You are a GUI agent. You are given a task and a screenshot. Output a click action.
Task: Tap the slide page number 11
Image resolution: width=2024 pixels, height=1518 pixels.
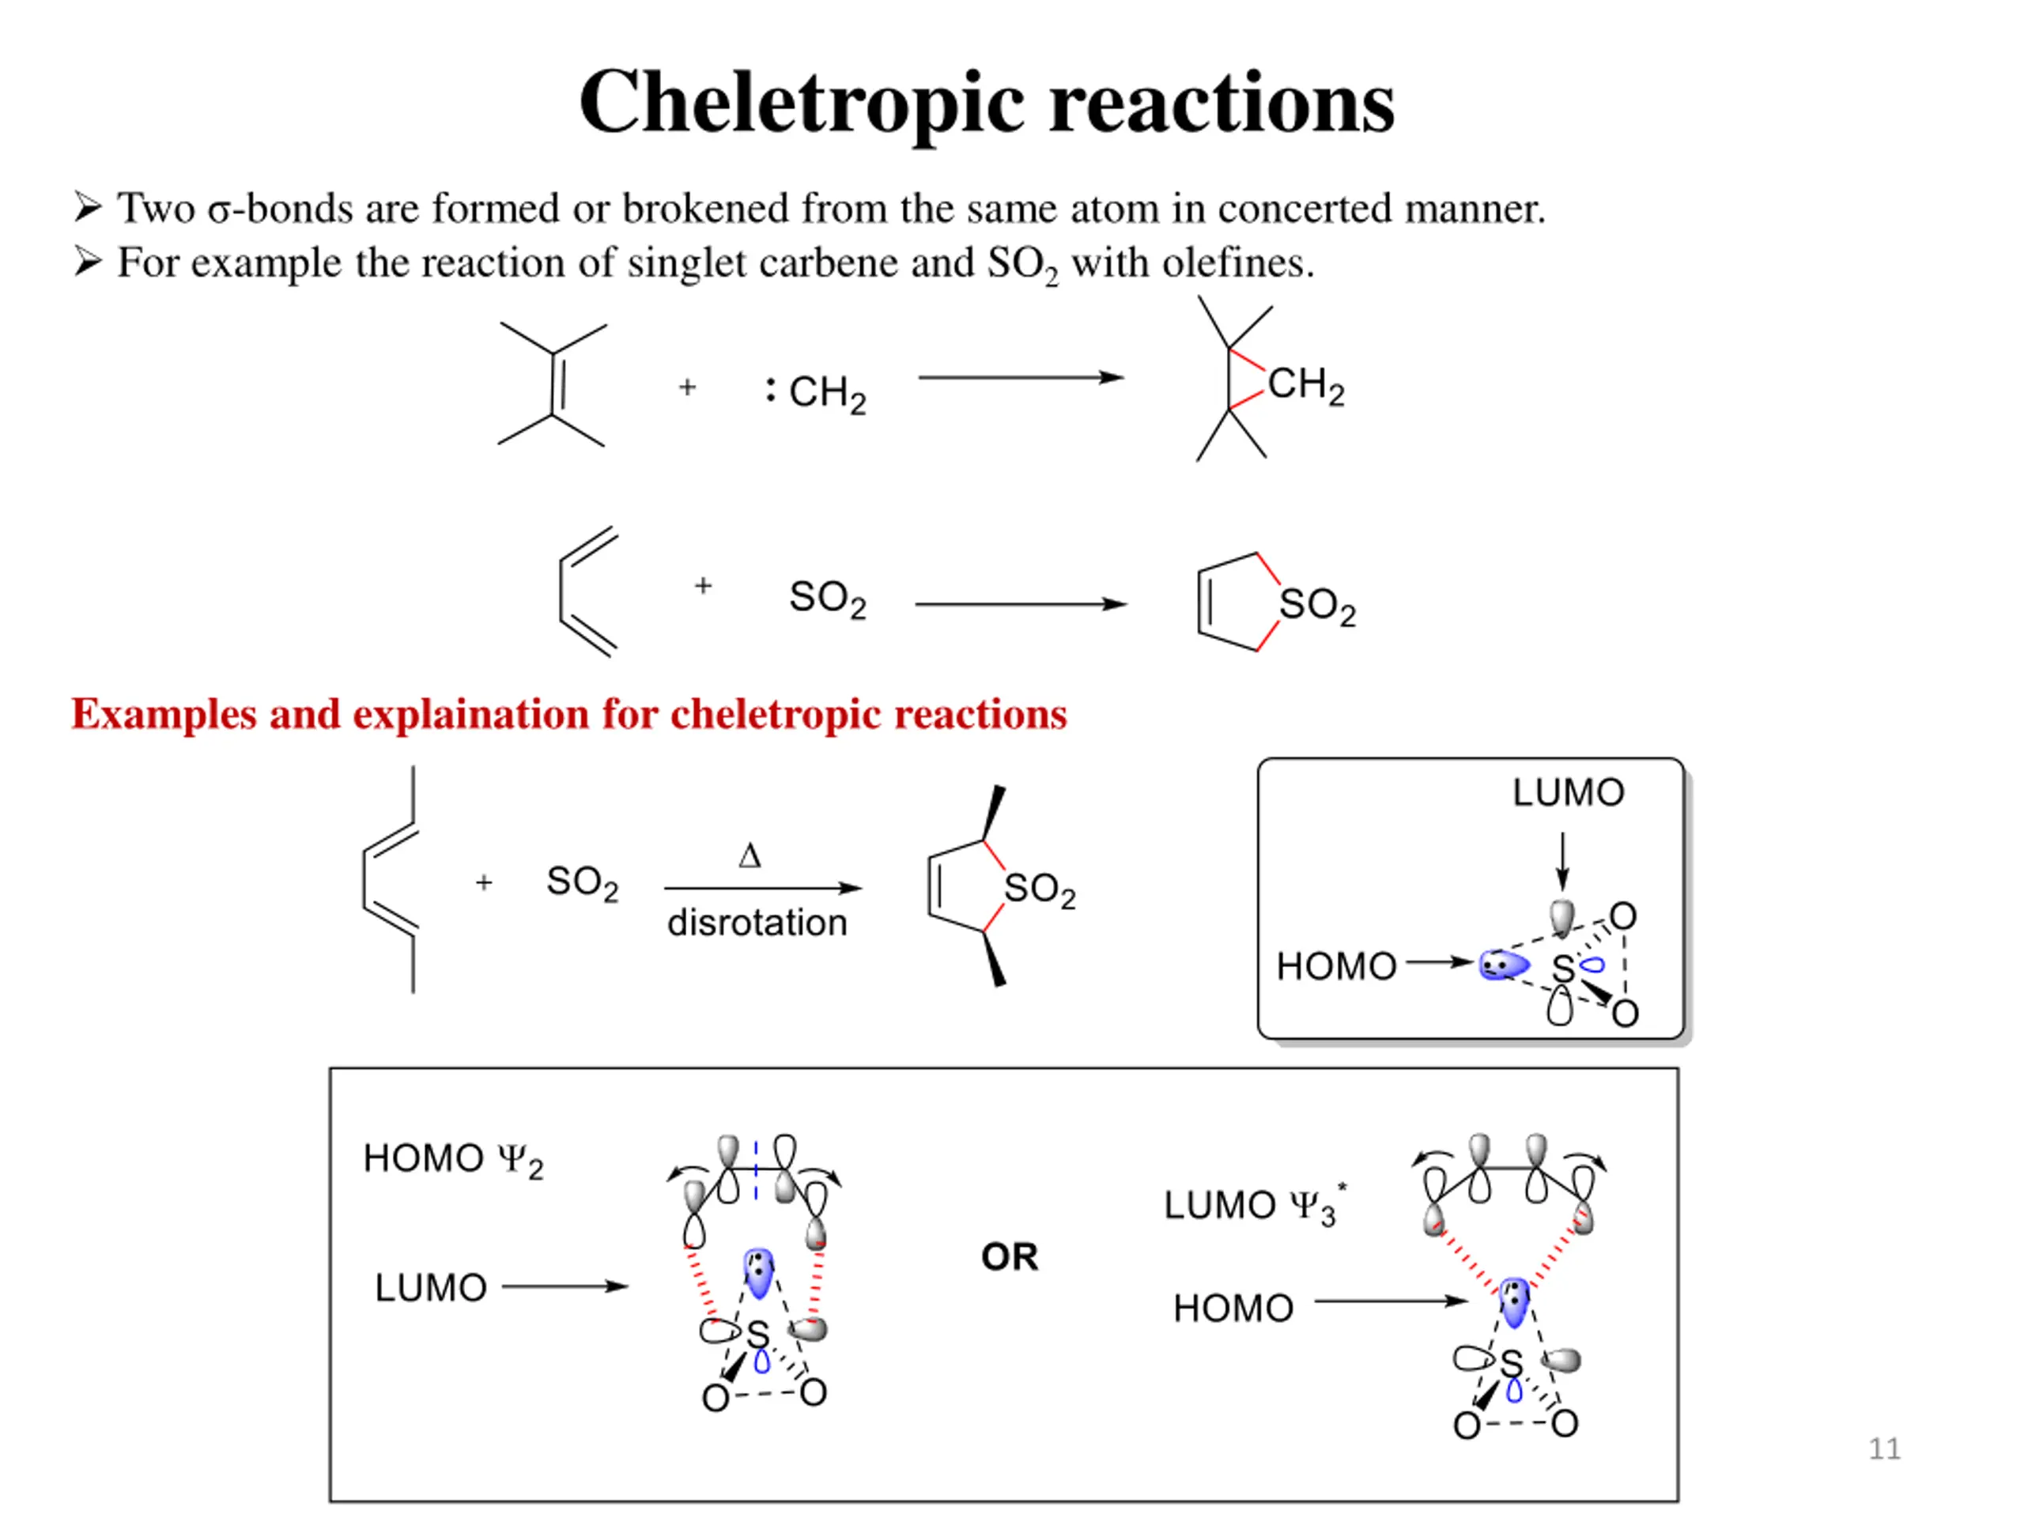tap(1884, 1448)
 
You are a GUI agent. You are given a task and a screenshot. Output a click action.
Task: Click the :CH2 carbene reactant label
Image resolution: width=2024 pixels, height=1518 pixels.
tap(817, 392)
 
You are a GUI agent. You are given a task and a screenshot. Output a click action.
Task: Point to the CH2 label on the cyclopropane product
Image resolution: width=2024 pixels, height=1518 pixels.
tap(1306, 385)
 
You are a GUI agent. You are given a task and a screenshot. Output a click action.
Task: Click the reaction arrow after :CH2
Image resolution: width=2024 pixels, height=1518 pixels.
tap(1020, 377)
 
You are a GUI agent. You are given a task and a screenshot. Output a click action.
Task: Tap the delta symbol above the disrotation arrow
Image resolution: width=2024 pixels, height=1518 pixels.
tap(750, 856)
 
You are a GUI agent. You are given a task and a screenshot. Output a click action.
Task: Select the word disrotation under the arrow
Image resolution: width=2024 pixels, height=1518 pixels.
tap(757, 923)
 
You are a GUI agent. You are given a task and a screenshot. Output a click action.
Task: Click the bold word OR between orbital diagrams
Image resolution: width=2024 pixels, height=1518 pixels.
tap(1010, 1257)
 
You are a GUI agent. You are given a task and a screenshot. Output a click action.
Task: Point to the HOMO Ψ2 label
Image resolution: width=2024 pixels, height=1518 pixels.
tap(453, 1159)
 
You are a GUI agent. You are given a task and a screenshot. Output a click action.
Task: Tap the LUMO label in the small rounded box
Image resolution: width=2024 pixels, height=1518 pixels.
tap(1567, 792)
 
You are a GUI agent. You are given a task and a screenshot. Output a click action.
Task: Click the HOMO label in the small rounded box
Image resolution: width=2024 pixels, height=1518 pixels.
tap(1336, 966)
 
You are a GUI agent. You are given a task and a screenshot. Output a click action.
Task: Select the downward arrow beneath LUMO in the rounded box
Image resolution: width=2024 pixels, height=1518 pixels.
tap(1563, 860)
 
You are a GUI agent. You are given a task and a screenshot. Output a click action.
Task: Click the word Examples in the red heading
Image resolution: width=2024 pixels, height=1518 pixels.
tap(164, 715)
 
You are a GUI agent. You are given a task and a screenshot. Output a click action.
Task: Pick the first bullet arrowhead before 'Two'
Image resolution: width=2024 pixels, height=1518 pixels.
tap(88, 208)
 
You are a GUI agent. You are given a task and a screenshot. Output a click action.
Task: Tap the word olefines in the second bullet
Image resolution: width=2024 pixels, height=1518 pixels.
tap(1237, 263)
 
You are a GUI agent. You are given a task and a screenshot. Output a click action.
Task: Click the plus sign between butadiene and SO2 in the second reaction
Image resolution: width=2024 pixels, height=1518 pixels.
tap(703, 586)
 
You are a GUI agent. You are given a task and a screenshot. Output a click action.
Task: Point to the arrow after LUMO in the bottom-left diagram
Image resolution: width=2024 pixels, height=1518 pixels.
tap(565, 1286)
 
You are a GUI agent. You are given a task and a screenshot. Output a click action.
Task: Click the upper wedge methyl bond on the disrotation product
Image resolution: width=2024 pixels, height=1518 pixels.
tap(994, 813)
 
